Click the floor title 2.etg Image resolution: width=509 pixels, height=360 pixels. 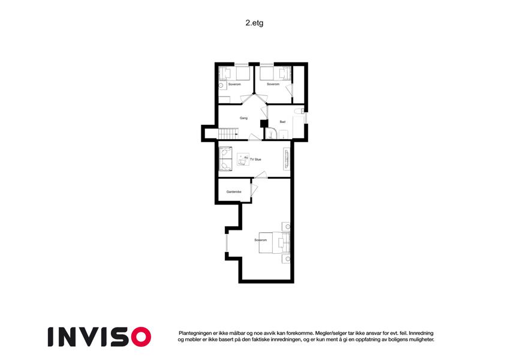coord(254,23)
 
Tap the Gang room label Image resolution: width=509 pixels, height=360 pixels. coord(243,118)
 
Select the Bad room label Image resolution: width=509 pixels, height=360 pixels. coord(282,122)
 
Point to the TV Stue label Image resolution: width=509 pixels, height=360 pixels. coord(255,160)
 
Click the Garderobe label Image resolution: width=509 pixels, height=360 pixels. coord(234,191)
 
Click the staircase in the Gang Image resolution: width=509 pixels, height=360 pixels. coord(228,134)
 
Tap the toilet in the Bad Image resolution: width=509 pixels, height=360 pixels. coord(299,112)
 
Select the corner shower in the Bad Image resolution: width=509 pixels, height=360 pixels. coord(272,134)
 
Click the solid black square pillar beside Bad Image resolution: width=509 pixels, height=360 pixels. coord(264,124)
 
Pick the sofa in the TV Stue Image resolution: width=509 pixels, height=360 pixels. coord(225,159)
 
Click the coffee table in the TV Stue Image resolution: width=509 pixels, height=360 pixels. coord(243,160)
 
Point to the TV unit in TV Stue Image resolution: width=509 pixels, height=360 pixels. coord(287,159)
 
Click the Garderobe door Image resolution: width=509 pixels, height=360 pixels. coord(254,190)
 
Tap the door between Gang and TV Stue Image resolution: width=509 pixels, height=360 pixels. coord(255,137)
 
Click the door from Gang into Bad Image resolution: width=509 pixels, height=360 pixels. coord(264,112)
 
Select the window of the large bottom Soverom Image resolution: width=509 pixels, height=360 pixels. coord(227,243)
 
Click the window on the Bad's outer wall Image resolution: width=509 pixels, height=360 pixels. coord(306,117)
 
